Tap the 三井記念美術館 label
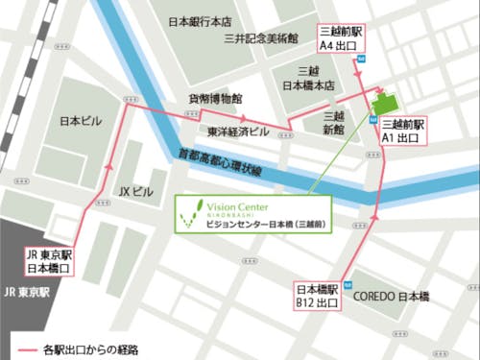point(260,39)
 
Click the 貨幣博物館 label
point(215,99)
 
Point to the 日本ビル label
point(79,122)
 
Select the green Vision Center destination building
point(386,105)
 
